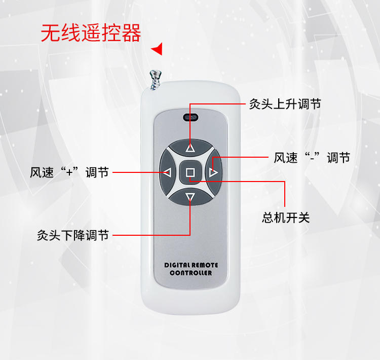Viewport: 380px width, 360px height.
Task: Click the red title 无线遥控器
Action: click(x=91, y=33)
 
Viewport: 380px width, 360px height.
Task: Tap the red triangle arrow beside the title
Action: click(x=158, y=49)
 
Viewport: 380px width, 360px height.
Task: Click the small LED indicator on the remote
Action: click(x=190, y=118)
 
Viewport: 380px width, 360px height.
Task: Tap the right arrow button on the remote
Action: click(x=213, y=173)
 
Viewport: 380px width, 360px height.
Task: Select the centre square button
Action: click(x=190, y=173)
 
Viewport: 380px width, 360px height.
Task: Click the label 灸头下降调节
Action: click(x=72, y=235)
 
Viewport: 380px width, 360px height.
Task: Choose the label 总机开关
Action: click(x=285, y=218)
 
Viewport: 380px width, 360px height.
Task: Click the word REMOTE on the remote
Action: click(x=206, y=265)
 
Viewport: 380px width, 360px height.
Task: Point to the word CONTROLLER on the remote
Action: click(x=191, y=273)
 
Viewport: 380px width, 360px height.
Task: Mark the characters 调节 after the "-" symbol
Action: click(x=338, y=158)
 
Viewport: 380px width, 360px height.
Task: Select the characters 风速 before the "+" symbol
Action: click(x=42, y=172)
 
